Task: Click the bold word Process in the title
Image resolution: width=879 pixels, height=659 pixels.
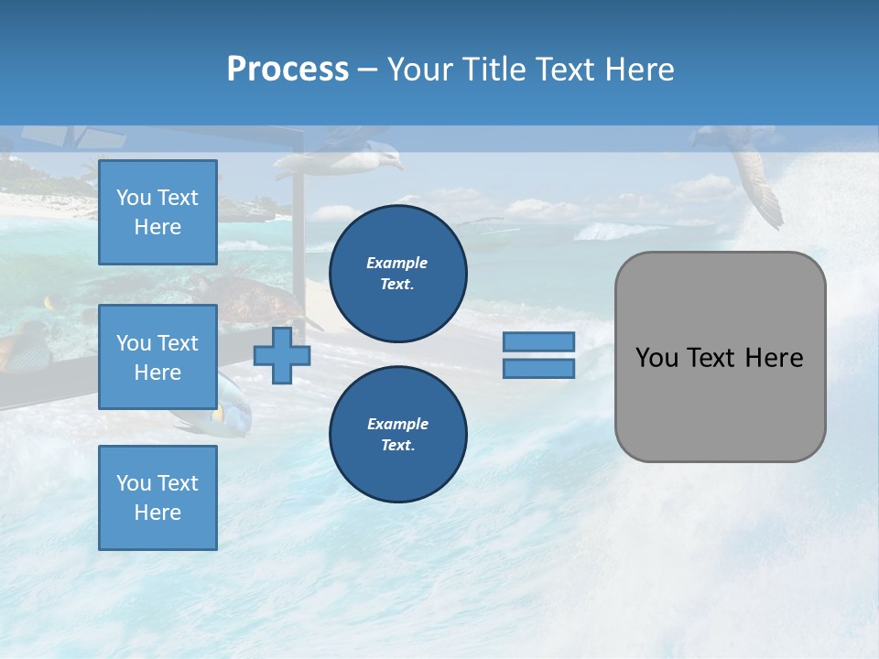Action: (x=288, y=69)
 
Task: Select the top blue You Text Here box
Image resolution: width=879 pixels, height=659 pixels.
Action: (x=157, y=212)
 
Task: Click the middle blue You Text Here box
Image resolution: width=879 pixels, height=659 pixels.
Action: (x=157, y=357)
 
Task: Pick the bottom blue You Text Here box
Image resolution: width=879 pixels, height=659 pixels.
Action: (x=157, y=497)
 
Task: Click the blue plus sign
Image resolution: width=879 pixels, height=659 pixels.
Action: (x=282, y=355)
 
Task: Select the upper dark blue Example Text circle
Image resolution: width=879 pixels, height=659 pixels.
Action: (x=397, y=273)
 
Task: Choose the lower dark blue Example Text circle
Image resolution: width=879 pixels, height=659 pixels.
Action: (x=397, y=434)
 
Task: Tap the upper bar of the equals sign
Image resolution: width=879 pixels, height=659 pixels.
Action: (x=538, y=341)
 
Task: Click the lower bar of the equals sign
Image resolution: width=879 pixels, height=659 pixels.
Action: (x=538, y=368)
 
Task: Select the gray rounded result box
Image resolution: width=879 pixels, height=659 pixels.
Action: (x=720, y=356)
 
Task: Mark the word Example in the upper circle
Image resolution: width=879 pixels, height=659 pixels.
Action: (x=396, y=263)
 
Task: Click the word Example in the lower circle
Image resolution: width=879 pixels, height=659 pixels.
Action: (x=397, y=424)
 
